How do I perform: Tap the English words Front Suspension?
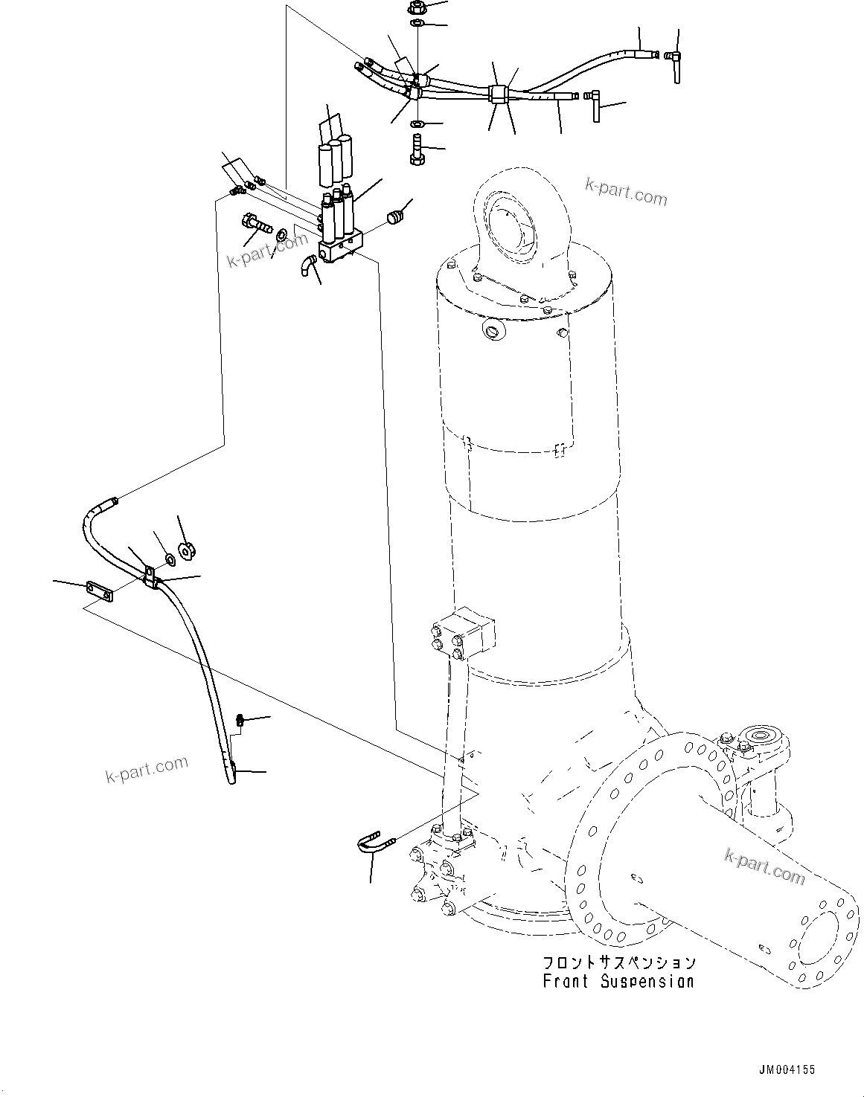tap(618, 981)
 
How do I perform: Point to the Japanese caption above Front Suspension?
tap(619, 962)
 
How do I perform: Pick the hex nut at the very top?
tap(416, 10)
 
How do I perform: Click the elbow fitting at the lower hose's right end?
tap(595, 103)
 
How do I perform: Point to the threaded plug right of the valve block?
tap(397, 216)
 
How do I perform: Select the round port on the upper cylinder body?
tap(491, 329)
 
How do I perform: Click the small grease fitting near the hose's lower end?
tap(240, 719)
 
